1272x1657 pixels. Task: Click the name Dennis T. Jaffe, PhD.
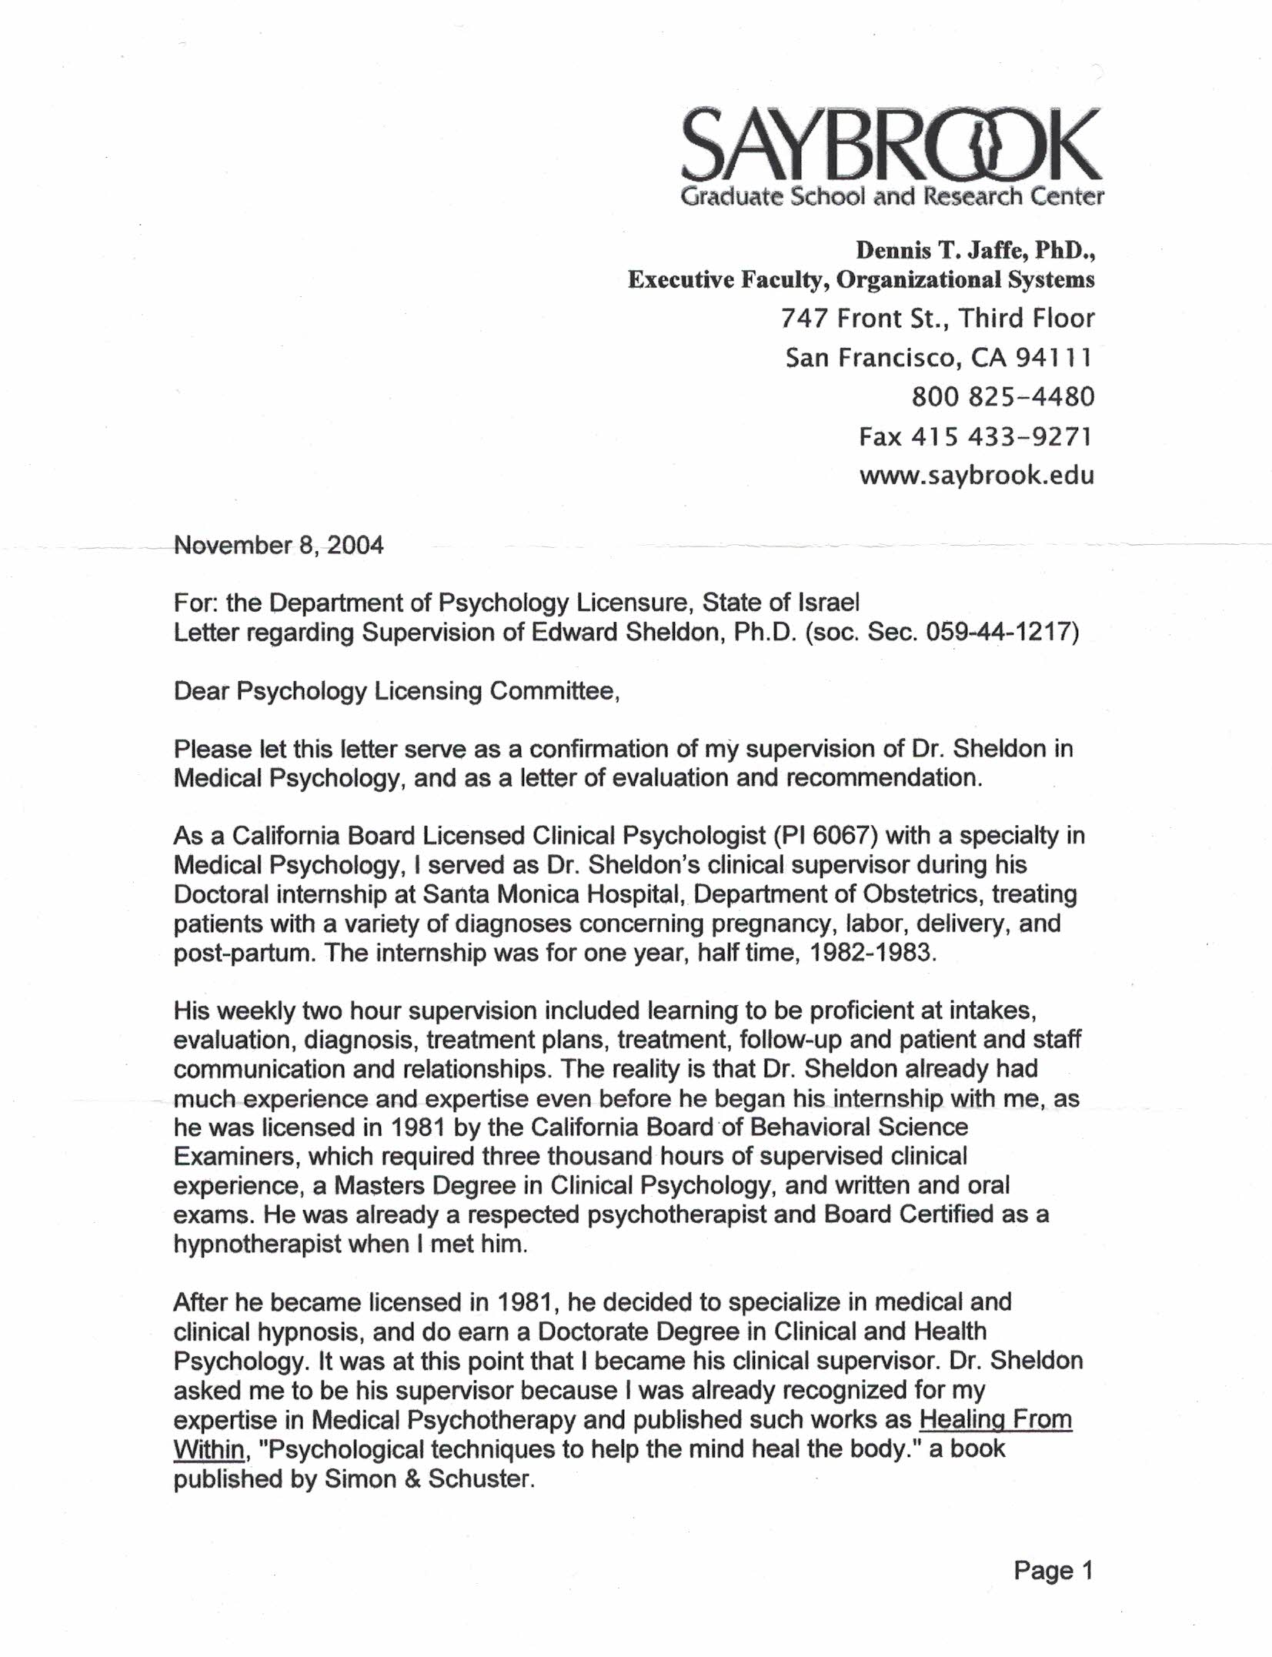[975, 250]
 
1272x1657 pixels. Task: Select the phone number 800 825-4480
[1003, 396]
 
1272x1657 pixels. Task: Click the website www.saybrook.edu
[976, 475]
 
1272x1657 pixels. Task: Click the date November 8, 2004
[279, 545]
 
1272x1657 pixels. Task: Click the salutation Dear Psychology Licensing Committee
[396, 690]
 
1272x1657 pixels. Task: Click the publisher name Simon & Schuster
[428, 1478]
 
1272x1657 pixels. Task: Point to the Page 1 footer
[1053, 1570]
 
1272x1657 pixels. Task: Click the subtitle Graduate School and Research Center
[892, 197]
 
